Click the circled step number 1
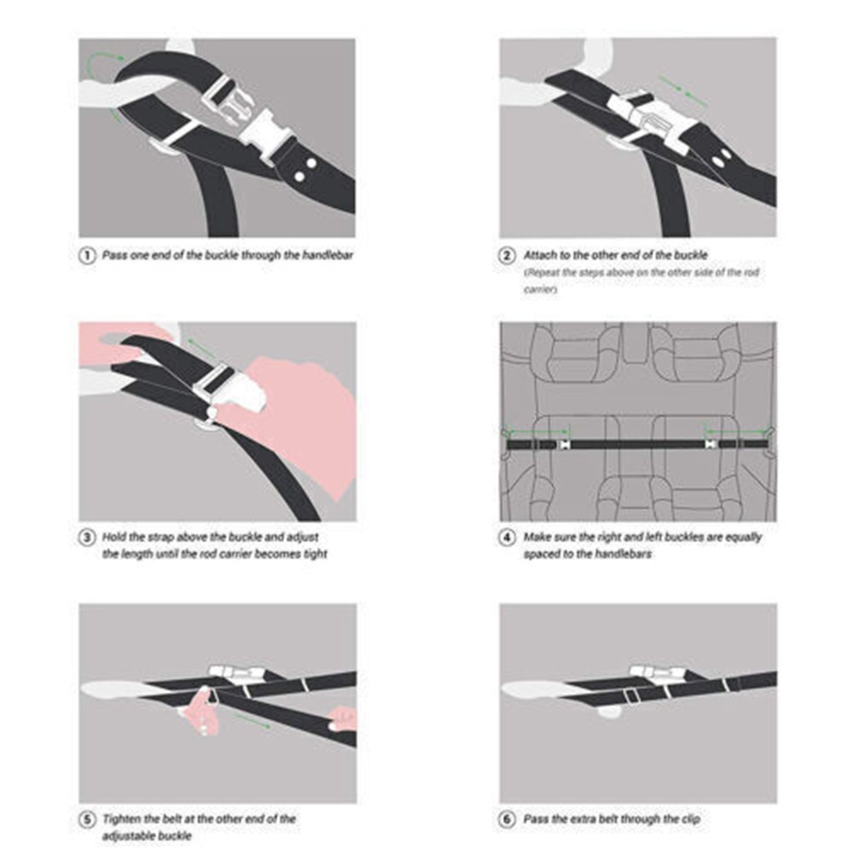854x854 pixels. pyautogui.click(x=87, y=255)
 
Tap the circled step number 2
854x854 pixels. pyautogui.click(x=507, y=255)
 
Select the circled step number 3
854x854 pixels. pyautogui.click(x=87, y=537)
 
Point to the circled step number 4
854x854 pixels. pyautogui.click(x=507, y=537)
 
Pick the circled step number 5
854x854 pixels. pyautogui.click(x=87, y=819)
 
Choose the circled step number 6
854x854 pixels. pyautogui.click(x=507, y=819)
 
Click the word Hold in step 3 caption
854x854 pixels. pyautogui.click(x=113, y=537)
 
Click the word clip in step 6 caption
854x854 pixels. pyautogui.click(x=689, y=819)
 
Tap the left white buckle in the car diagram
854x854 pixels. pyautogui.click(x=564, y=444)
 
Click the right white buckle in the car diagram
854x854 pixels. pyautogui.click(x=710, y=444)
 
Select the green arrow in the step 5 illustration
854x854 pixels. pyautogui.click(x=252, y=720)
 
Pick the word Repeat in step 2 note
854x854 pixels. pyautogui.click(x=543, y=272)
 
